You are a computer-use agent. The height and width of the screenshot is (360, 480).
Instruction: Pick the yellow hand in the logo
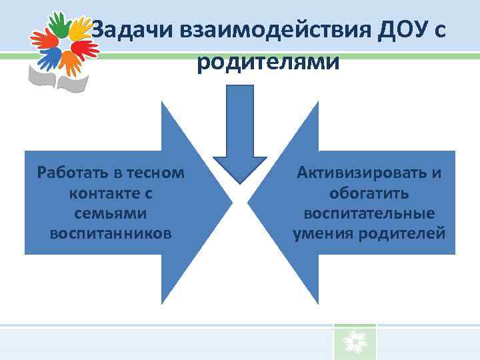pos(78,29)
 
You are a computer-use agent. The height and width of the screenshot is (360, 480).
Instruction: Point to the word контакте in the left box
pos(96,193)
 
